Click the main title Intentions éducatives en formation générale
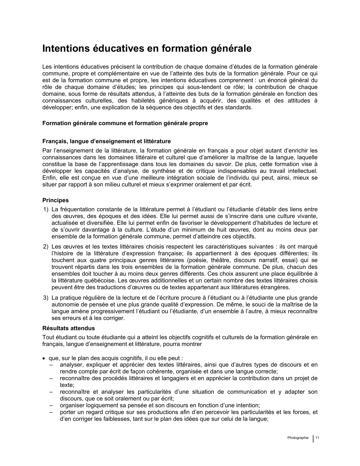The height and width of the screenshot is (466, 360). click(x=147, y=49)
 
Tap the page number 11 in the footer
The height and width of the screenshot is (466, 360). click(x=317, y=438)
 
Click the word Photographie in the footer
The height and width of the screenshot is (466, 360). click(x=298, y=438)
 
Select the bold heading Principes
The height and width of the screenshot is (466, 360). click(x=55, y=200)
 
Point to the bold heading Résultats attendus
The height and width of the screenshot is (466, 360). click(x=69, y=328)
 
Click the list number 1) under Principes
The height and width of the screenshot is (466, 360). click(x=46, y=209)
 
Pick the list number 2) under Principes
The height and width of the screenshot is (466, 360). click(x=46, y=247)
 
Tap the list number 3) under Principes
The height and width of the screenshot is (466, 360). click(x=46, y=298)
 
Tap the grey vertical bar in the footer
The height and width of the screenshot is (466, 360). click(x=313, y=439)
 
